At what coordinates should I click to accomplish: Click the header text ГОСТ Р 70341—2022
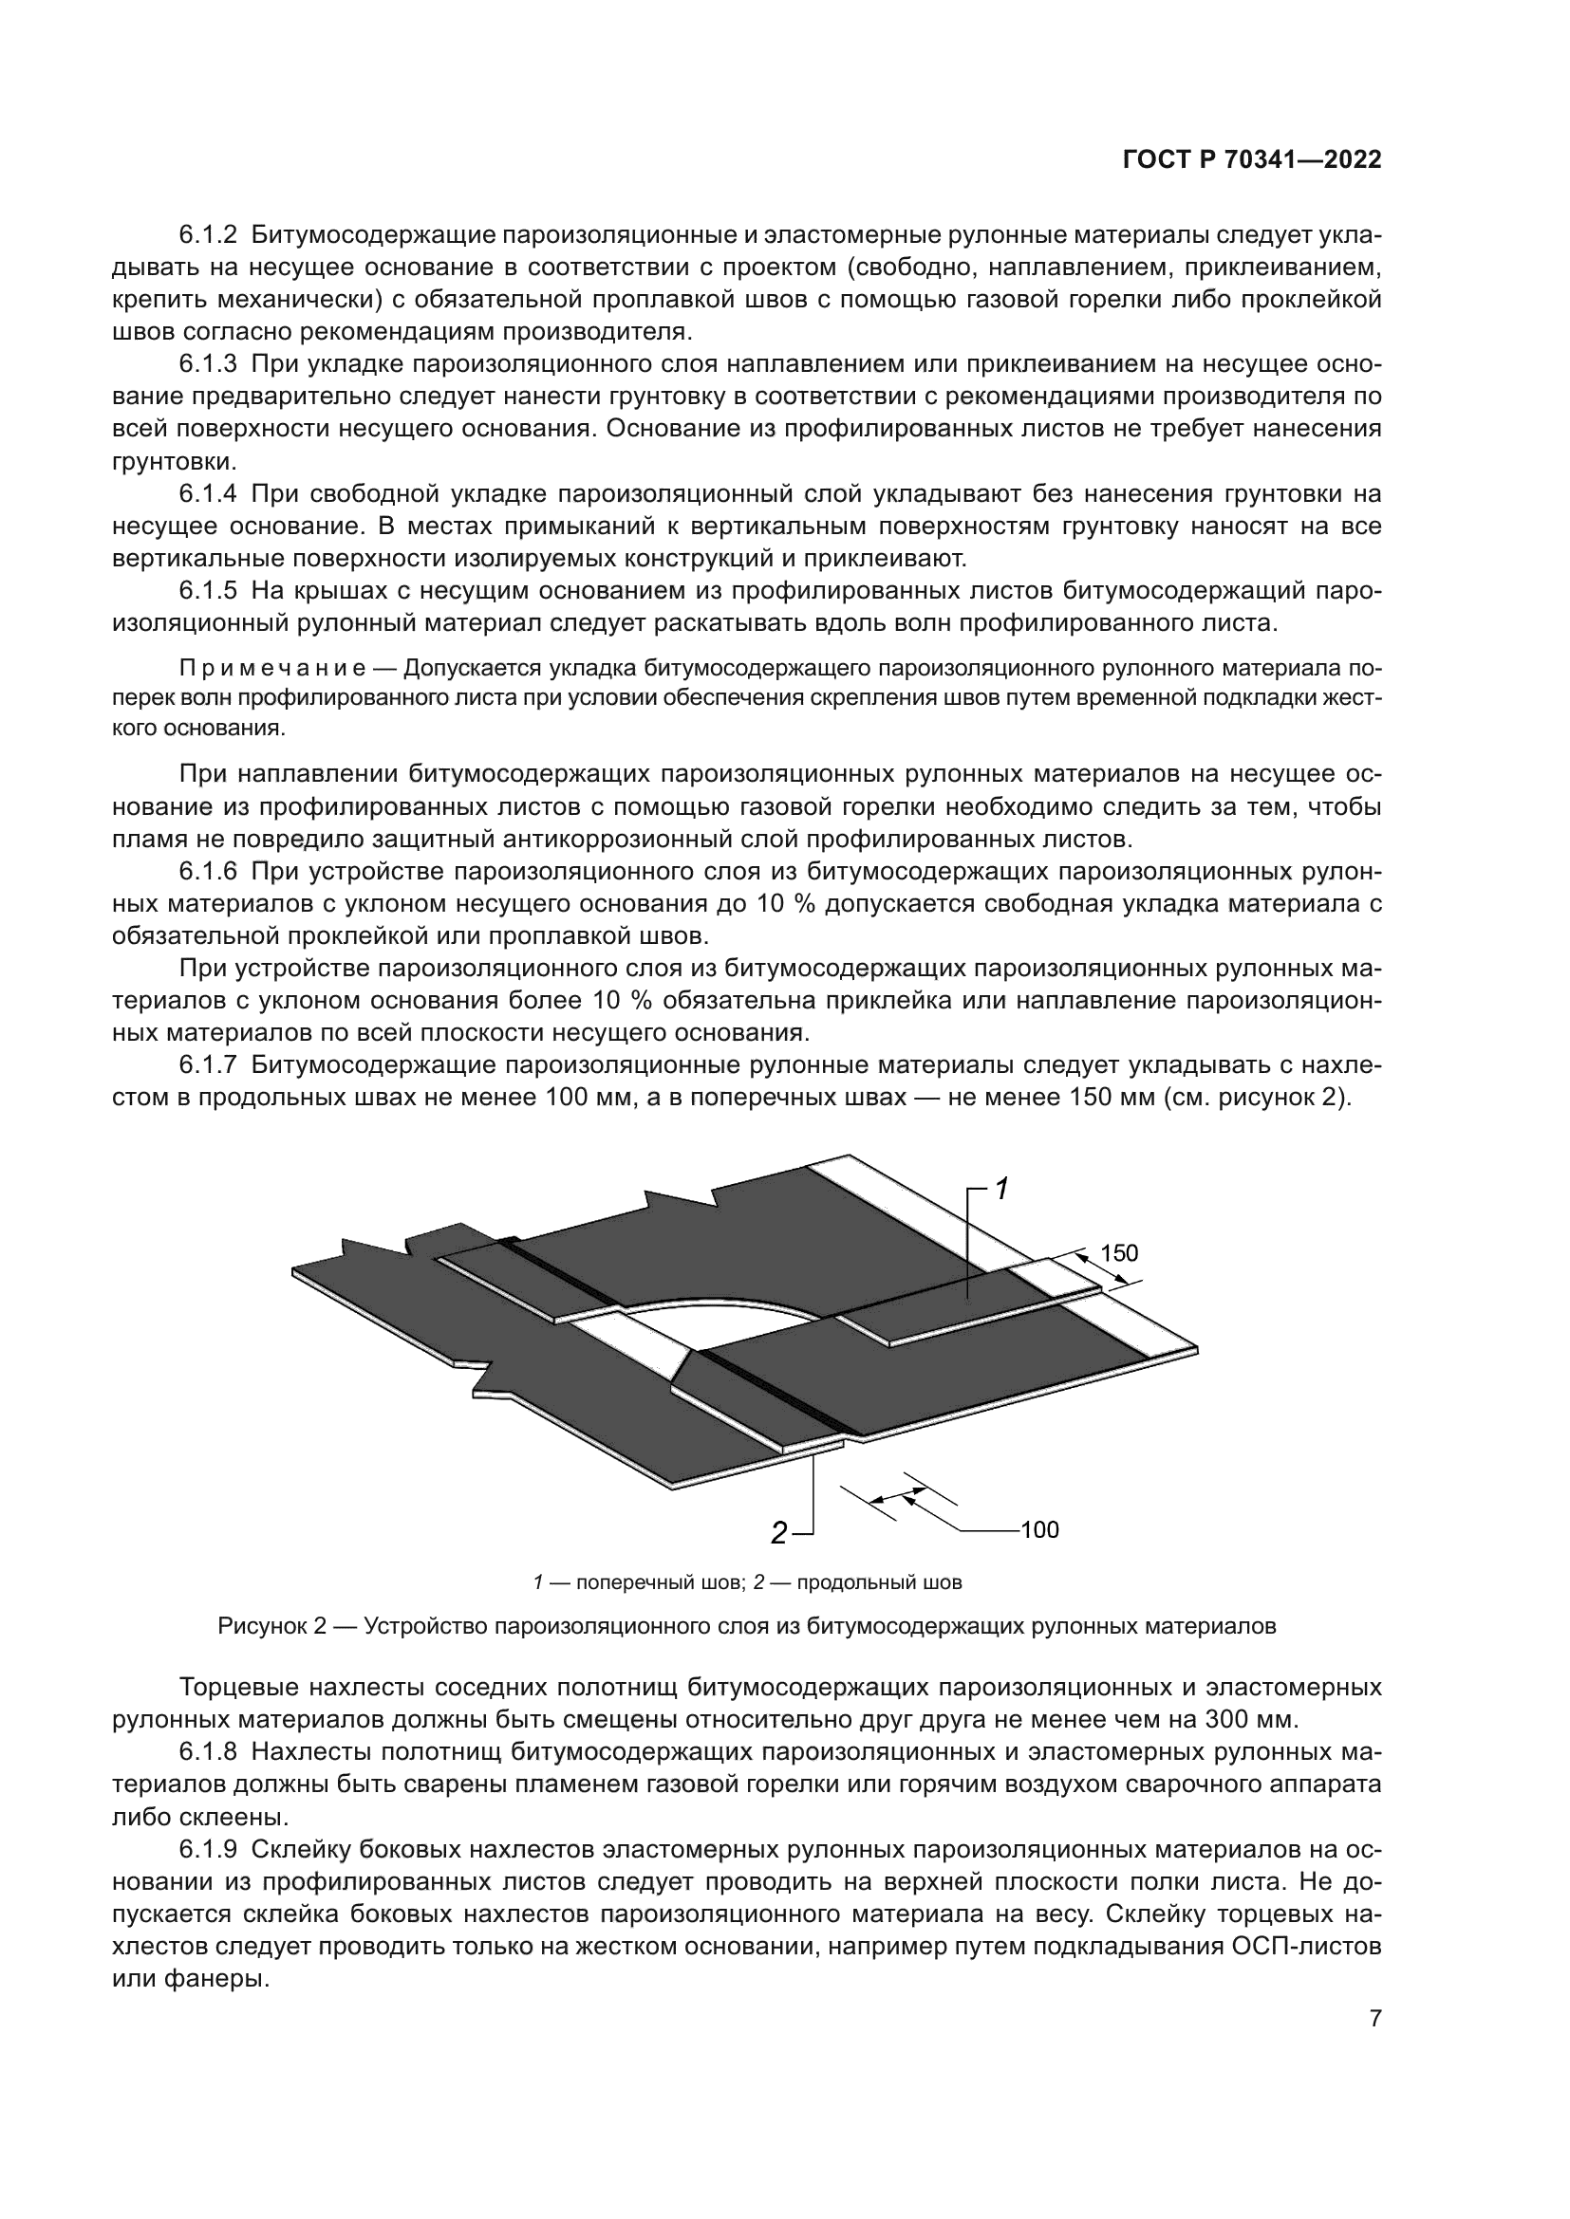pyautogui.click(x=1252, y=160)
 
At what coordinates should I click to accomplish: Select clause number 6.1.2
pyautogui.click(x=207, y=235)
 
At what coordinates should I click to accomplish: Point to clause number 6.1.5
pyautogui.click(x=207, y=590)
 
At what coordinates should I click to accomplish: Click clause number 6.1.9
pyautogui.click(x=207, y=1849)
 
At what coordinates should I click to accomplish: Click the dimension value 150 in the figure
pyautogui.click(x=1118, y=1253)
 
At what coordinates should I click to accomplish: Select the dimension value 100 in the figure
pyautogui.click(x=1040, y=1530)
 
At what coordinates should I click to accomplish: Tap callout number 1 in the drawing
pyautogui.click(x=1002, y=1190)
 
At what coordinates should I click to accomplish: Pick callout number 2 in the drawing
pyautogui.click(x=778, y=1533)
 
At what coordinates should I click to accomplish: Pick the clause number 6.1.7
pyautogui.click(x=207, y=1065)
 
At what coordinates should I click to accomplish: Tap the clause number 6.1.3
pyautogui.click(x=207, y=364)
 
